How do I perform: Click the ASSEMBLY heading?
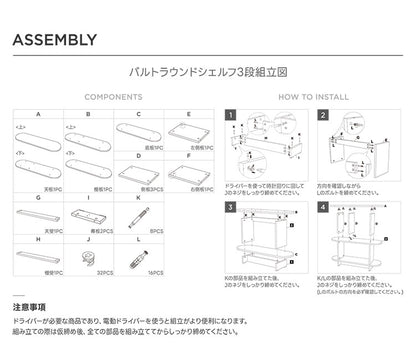click(55, 41)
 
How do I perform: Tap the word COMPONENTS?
click(112, 98)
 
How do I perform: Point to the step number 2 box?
click(324, 117)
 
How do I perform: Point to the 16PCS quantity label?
click(156, 272)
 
